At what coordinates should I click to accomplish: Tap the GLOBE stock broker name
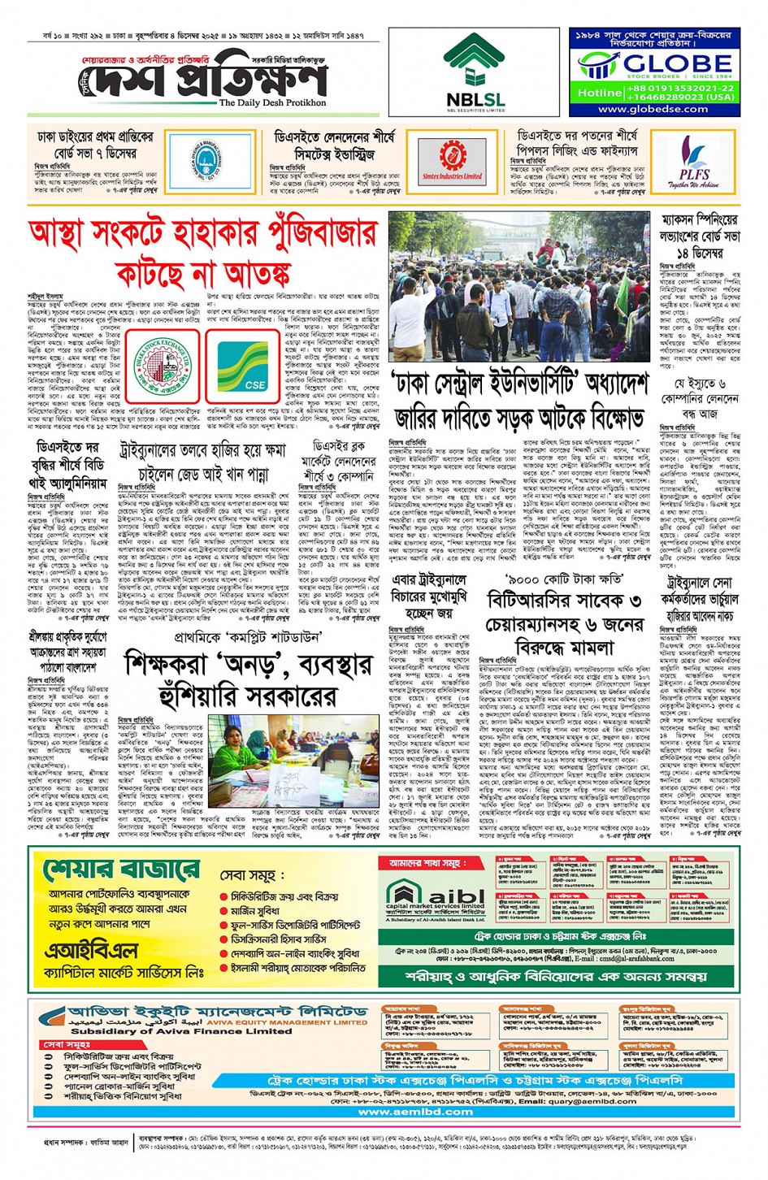click(x=666, y=63)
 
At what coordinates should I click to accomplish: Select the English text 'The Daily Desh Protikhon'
click(x=272, y=103)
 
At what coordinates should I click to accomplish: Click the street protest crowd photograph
click(x=519, y=285)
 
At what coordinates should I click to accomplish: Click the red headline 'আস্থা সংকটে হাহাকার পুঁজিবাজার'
click(x=203, y=236)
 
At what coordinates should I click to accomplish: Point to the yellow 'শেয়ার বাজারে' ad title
click(x=122, y=869)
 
